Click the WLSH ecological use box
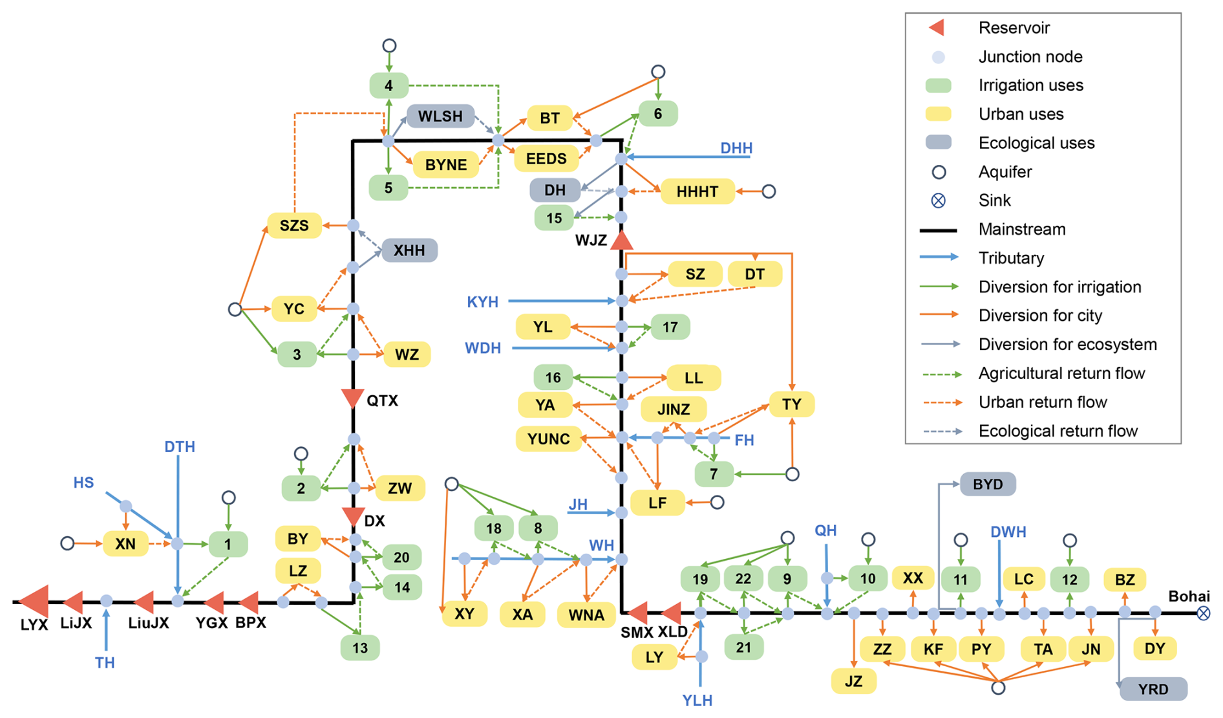440,116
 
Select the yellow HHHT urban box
697,191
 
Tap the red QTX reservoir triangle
352,398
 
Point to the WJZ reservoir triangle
621,241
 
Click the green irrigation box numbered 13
360,647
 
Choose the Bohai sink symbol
1203,613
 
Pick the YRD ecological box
1153,690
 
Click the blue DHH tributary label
736,148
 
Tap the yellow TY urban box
791,405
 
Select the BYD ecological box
988,484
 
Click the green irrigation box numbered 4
388,85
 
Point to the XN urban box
125,544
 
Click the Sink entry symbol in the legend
938,201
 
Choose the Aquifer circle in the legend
939,172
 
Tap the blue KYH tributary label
482,302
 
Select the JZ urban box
854,681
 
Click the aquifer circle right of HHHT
769,191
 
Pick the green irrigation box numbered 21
743,647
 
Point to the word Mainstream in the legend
1021,230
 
